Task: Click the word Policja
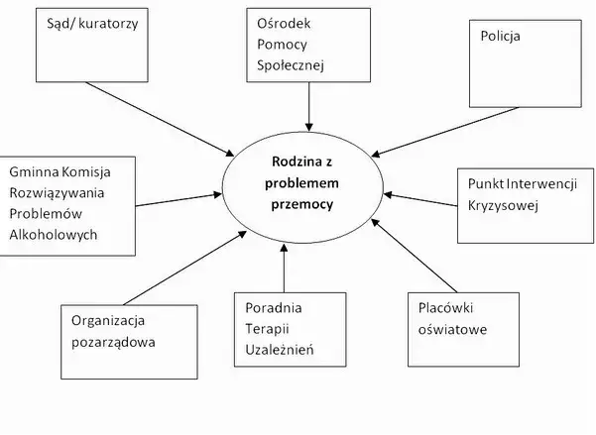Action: click(501, 37)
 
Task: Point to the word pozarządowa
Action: click(113, 342)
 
